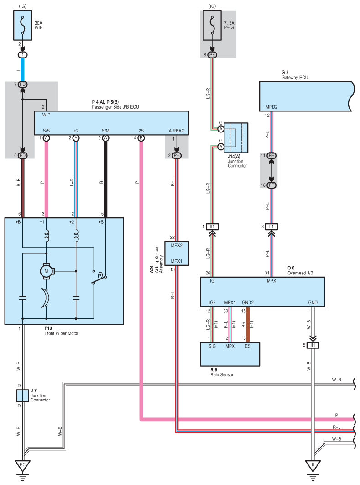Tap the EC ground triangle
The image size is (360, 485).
(22, 465)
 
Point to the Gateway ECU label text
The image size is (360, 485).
(295, 78)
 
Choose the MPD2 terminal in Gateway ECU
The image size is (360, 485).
(271, 108)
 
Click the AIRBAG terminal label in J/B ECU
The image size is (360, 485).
(176, 131)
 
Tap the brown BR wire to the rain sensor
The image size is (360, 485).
(248, 325)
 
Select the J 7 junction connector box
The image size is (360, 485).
(22, 395)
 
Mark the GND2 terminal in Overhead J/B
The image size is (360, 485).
(248, 302)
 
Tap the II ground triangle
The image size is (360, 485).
(313, 465)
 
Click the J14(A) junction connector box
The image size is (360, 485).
(236, 137)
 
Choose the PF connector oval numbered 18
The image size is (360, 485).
(271, 185)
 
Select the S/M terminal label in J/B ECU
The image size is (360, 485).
(105, 131)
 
